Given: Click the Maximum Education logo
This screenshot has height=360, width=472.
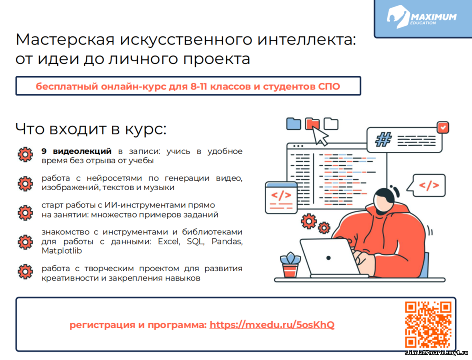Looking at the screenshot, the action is click(421, 17).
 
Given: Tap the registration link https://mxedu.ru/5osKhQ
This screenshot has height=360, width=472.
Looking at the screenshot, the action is click(272, 325).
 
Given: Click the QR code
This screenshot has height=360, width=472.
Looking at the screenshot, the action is click(428, 324).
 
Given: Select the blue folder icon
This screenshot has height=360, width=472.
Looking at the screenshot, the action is click(294, 124).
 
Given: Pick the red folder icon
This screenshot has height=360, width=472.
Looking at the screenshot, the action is click(312, 124).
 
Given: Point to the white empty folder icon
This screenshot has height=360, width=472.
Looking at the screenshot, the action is click(331, 124).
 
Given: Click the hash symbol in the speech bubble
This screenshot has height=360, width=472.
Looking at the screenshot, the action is click(383, 140).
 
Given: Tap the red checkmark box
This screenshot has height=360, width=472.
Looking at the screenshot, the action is click(443, 128).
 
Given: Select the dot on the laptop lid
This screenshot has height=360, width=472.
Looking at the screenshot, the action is click(328, 258).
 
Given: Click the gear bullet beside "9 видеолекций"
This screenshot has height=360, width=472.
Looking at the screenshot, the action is click(25, 155).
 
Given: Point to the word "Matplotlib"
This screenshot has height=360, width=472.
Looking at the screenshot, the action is click(62, 251).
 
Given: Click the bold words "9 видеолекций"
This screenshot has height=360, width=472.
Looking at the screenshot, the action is click(77, 151).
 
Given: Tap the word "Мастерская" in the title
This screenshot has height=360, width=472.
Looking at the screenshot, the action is click(65, 40).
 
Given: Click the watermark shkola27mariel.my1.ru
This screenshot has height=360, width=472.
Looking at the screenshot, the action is click(436, 353).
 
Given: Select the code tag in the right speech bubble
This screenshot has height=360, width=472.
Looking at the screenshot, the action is click(429, 185).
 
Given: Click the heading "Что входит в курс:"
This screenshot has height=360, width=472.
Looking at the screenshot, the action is click(91, 129).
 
